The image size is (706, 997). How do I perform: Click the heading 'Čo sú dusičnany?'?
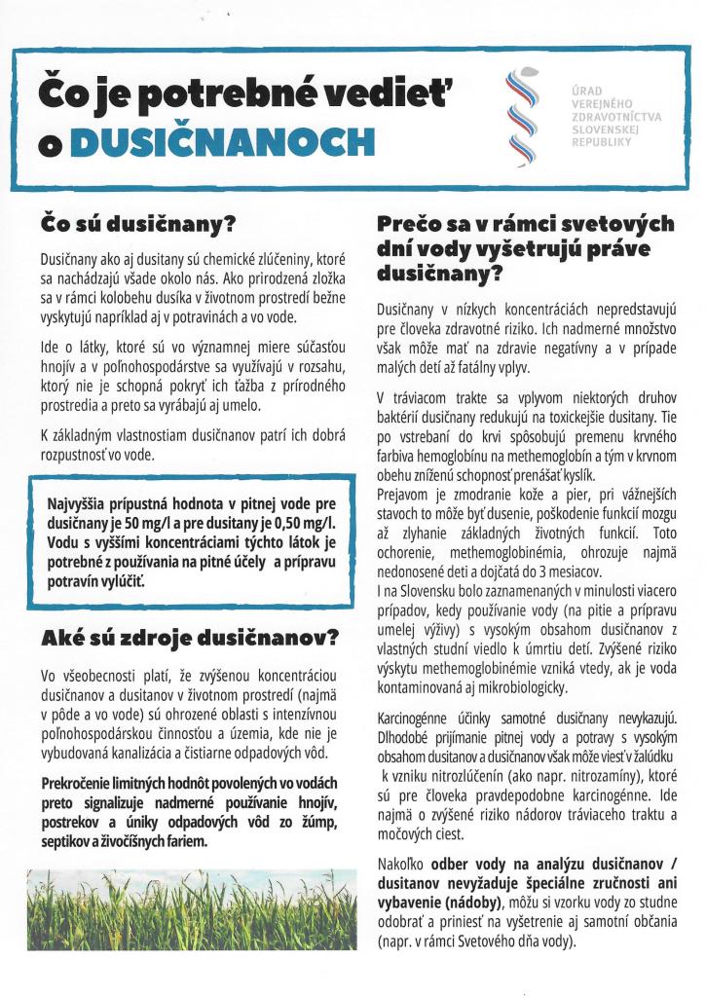[138, 224]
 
